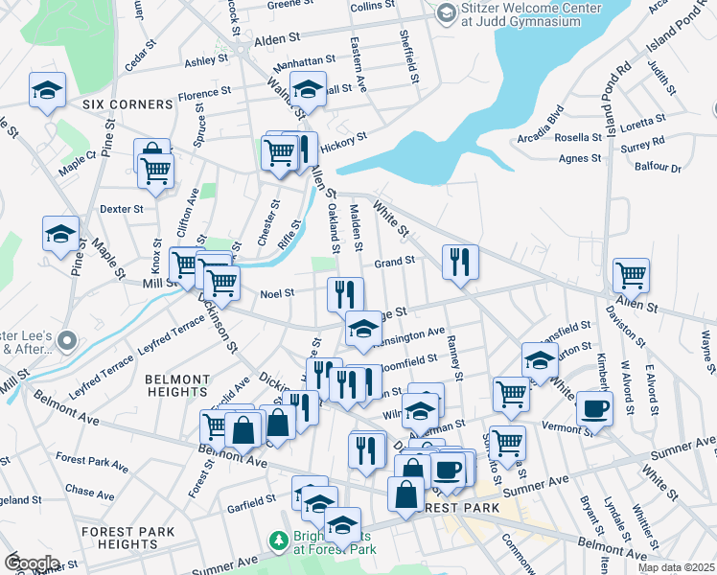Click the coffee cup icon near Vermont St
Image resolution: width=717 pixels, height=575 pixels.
(x=594, y=407)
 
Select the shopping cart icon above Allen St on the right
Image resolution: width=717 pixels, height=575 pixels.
(x=631, y=275)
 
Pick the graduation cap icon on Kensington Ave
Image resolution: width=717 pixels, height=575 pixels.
(x=363, y=329)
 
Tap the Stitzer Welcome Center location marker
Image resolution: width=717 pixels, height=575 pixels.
(x=446, y=12)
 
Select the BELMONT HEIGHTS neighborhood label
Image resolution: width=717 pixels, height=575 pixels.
(x=177, y=385)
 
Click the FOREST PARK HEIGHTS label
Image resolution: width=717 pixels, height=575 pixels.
(x=127, y=538)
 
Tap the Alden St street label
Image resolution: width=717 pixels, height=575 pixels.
(x=277, y=41)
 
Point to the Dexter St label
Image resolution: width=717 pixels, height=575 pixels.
(x=122, y=208)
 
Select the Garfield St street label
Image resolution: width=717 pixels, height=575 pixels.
(x=252, y=501)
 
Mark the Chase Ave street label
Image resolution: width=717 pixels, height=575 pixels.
(x=87, y=491)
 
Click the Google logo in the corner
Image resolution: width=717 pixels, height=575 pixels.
(x=32, y=563)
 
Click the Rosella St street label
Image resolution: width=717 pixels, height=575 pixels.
(x=578, y=137)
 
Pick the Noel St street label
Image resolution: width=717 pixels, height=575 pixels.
(x=277, y=294)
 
